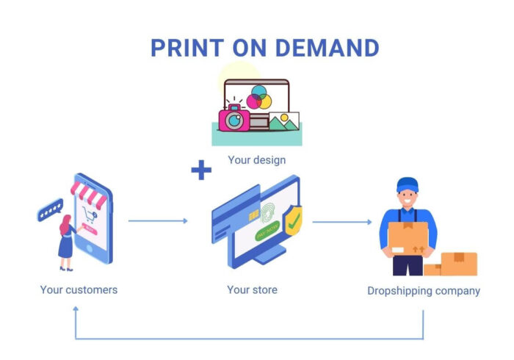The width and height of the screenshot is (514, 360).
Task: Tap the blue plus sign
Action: tap(200, 171)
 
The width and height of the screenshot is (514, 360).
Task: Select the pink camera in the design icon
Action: tap(234, 118)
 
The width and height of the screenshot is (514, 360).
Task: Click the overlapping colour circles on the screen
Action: tap(258, 97)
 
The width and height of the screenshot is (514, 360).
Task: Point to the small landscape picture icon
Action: tap(283, 122)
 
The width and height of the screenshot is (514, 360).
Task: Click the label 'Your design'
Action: tap(256, 159)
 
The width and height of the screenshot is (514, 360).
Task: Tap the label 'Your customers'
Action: tap(79, 289)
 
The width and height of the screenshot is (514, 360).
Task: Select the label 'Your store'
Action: tap(252, 289)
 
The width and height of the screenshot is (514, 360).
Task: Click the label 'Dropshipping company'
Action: tap(424, 291)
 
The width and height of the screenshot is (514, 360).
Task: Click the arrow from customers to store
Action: tap(158, 220)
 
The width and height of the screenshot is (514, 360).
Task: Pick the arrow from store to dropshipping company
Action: tap(342, 221)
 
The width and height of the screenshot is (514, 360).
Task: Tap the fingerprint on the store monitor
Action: tap(268, 214)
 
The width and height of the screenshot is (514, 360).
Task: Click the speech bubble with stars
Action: tap(49, 209)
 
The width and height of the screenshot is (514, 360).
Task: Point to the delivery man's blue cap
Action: tap(407, 184)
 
